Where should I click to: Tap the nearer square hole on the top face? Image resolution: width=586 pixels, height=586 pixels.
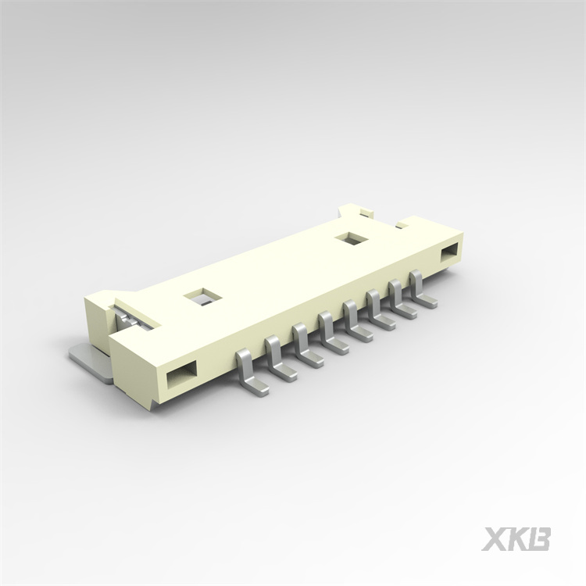pyautogui.click(x=199, y=297)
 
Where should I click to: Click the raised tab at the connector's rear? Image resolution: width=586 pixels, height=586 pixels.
pyautogui.click(x=353, y=211)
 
